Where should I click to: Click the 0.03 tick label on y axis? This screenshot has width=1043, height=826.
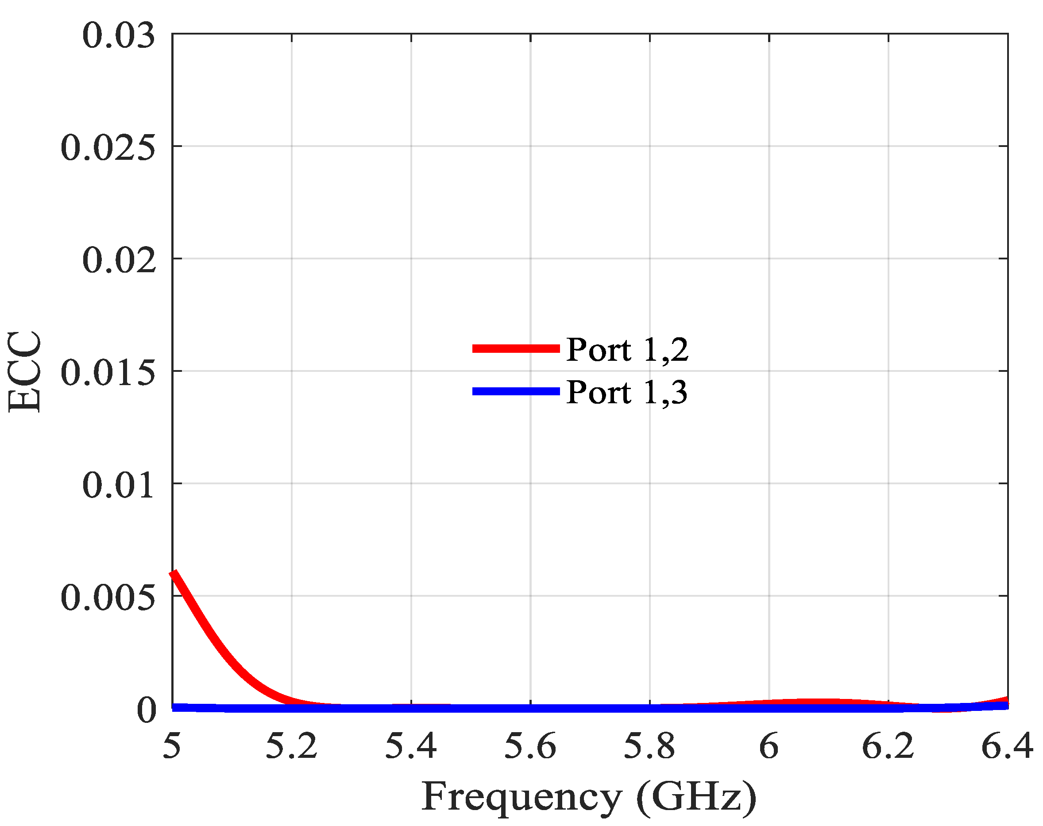point(119,36)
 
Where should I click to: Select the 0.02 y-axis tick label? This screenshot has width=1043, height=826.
point(119,260)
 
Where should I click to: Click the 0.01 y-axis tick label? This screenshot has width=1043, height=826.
point(119,485)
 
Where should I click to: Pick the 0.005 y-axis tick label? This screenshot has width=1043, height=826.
point(108,598)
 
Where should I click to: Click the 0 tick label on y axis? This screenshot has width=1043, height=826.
point(147,710)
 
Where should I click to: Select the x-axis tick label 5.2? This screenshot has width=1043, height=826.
point(292,746)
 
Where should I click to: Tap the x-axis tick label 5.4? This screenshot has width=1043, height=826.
point(410,746)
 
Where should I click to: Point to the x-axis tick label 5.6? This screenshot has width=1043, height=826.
point(530,746)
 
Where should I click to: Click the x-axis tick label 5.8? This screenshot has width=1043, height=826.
point(649,746)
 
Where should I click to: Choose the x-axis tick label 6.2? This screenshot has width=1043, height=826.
point(888,746)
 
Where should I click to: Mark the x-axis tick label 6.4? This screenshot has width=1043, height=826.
point(1007,746)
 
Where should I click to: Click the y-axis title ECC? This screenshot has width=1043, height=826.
point(24,371)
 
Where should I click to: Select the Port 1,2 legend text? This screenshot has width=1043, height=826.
point(627,349)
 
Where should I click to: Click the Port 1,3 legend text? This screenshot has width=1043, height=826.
point(627,392)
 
